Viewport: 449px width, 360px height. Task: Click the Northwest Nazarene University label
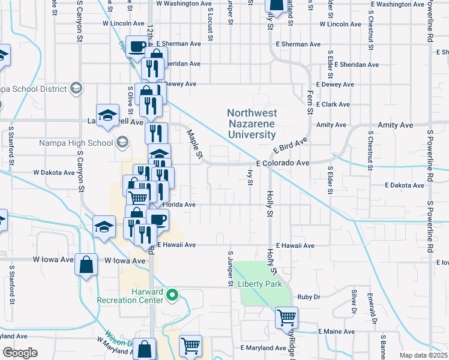tap(252, 124)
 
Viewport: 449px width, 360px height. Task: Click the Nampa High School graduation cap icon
tap(122, 142)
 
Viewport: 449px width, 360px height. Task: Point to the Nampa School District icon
tap(76, 89)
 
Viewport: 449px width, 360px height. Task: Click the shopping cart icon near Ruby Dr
tap(287, 317)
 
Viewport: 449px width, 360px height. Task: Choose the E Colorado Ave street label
tap(282, 163)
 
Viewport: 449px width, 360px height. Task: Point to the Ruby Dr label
tap(310, 296)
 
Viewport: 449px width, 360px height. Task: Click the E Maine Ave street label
tap(337, 331)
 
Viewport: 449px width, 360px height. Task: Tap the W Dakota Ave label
tap(53, 172)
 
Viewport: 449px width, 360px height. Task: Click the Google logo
tap(20, 352)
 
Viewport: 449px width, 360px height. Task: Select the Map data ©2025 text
tap(423, 355)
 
